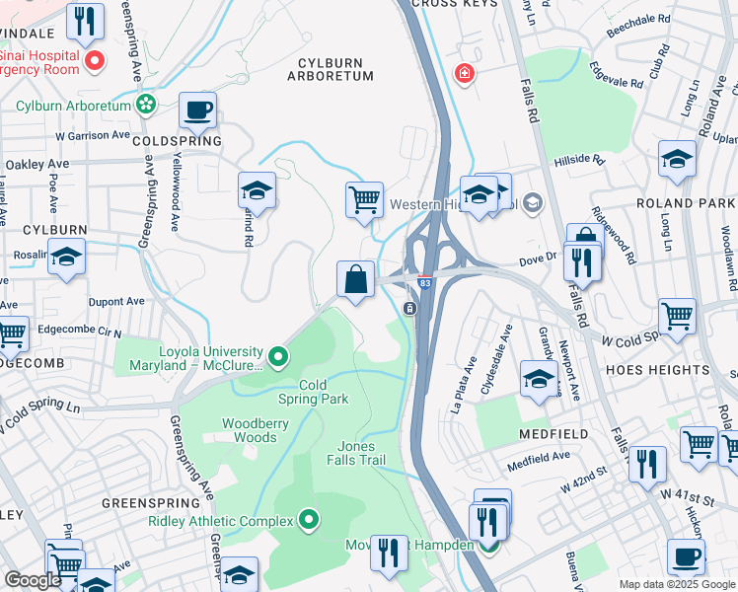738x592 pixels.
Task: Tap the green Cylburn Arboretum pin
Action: (147, 104)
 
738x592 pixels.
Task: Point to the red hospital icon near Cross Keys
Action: (462, 73)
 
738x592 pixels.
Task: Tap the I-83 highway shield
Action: (422, 282)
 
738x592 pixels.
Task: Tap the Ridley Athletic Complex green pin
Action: (309, 518)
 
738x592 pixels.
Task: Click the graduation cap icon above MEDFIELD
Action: (539, 378)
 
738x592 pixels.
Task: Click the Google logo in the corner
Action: (34, 579)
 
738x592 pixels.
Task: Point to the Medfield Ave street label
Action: (539, 457)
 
